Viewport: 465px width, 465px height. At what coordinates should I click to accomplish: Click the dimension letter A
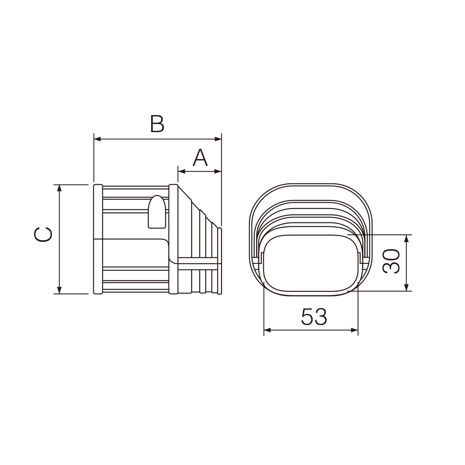point(200,158)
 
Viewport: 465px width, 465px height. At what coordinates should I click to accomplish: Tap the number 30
point(391,262)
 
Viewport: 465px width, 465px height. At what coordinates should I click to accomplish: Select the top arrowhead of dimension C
point(59,188)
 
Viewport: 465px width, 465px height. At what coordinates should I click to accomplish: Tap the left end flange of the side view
point(98,239)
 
